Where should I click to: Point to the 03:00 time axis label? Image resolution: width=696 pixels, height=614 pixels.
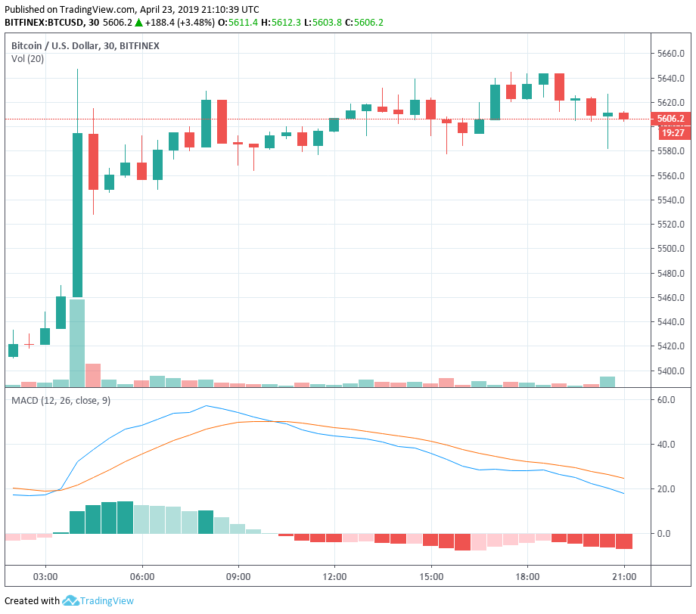click(x=44, y=577)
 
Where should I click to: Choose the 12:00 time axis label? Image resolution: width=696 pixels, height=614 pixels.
click(x=335, y=577)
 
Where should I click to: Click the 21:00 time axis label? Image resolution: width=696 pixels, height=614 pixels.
click(x=625, y=577)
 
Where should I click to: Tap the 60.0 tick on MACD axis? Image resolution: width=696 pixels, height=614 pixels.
click(x=664, y=400)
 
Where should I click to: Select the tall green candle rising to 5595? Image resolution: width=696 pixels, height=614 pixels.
click(x=77, y=215)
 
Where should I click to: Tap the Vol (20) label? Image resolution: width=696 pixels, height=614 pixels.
click(x=29, y=60)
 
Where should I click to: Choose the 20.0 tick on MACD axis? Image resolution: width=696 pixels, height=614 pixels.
click(x=664, y=489)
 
